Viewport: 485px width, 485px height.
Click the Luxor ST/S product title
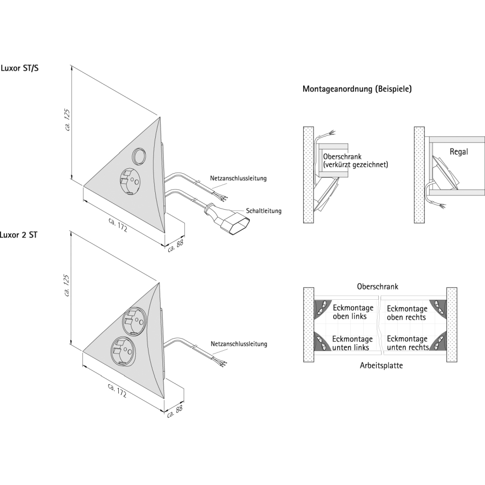19,68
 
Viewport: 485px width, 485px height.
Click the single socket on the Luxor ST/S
129,181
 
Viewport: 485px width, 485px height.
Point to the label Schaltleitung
263,211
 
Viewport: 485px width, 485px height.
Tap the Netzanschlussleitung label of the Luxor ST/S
239,178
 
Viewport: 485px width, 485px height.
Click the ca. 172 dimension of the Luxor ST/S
118,225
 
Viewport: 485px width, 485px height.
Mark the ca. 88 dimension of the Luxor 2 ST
175,412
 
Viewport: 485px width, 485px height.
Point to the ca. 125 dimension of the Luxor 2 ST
67,286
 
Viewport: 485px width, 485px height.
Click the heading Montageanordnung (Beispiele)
357,89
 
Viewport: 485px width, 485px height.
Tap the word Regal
459,152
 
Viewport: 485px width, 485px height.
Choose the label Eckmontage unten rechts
407,343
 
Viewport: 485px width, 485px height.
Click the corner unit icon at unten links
321,342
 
